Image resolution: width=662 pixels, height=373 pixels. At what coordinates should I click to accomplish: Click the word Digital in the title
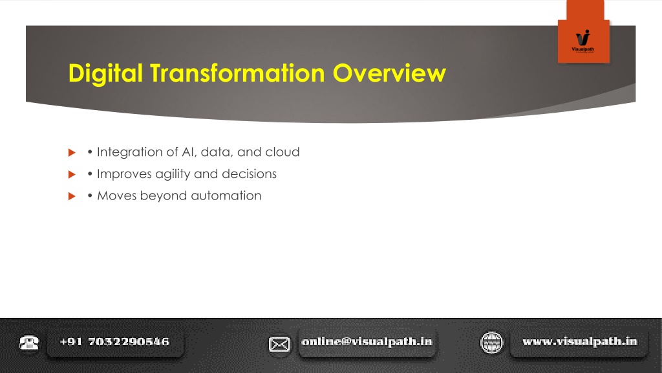(105, 74)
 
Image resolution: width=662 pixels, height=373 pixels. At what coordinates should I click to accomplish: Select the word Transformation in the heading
(237, 73)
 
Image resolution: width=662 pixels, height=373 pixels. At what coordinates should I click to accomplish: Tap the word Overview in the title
(389, 73)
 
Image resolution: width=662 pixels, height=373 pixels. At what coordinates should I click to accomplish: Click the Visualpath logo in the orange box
(583, 41)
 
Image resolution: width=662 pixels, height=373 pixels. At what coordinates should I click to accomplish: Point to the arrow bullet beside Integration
(72, 152)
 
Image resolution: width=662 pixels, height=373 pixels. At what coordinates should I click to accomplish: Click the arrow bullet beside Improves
(72, 174)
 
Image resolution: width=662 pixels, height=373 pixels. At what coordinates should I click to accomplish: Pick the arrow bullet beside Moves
(72, 196)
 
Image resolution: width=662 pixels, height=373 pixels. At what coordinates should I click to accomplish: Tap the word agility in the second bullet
(173, 174)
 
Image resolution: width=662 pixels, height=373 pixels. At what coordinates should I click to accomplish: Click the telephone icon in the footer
(28, 343)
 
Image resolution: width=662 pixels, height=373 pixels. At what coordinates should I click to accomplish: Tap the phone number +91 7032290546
(115, 342)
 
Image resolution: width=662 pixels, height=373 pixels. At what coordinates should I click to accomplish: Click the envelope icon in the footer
(279, 345)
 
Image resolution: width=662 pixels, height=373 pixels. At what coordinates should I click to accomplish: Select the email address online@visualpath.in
(367, 342)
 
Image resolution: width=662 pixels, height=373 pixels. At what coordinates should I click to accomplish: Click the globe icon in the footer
(491, 342)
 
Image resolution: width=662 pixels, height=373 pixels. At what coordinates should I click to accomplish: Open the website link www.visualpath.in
(580, 342)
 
